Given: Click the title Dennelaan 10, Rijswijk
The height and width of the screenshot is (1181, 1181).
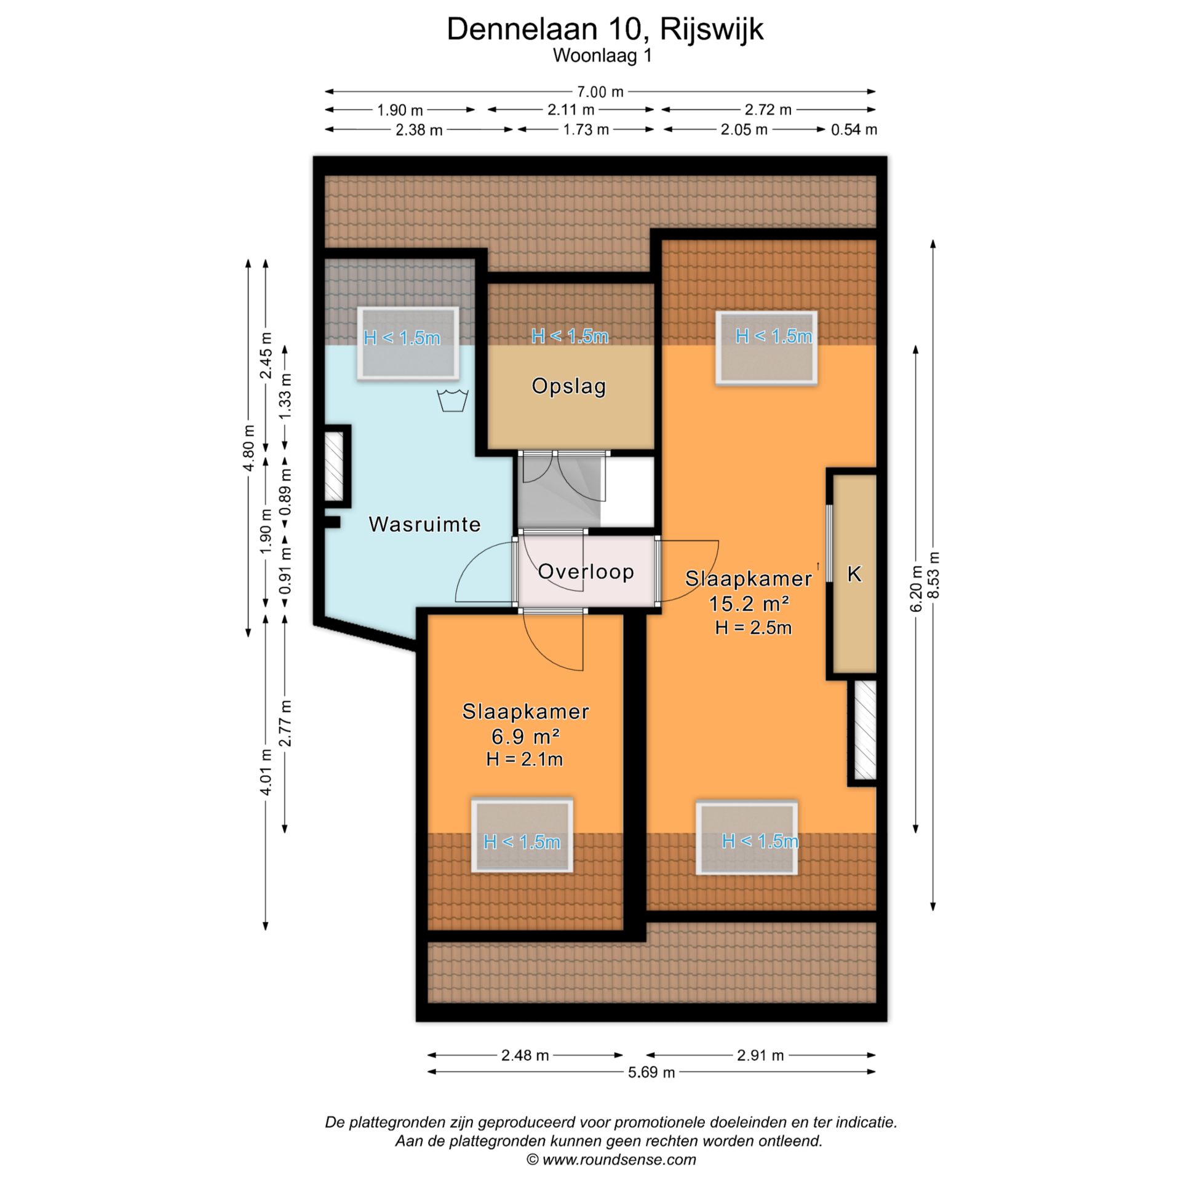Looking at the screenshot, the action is pyautogui.click(x=605, y=29).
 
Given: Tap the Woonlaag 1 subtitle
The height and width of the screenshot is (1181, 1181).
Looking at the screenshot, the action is pyautogui.click(x=602, y=55).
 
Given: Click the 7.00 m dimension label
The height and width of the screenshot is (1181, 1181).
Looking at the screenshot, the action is pyautogui.click(x=600, y=92).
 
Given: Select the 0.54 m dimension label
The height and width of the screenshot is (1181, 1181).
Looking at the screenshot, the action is pyautogui.click(x=854, y=129).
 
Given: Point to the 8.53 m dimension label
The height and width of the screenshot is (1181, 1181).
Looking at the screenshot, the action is pyautogui.click(x=934, y=575).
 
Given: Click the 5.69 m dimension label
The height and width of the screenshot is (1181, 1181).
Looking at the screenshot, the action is pyautogui.click(x=651, y=1072).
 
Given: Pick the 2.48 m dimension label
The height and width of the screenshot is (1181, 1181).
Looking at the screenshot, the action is pyautogui.click(x=525, y=1055).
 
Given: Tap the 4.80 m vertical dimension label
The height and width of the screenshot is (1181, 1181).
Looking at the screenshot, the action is pyautogui.click(x=249, y=448).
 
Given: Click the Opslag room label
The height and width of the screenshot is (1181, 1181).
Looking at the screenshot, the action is pyautogui.click(x=569, y=386).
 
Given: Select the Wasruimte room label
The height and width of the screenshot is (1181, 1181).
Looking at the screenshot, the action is pyautogui.click(x=424, y=524).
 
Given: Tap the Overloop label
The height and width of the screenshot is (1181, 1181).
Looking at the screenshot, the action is pyautogui.click(x=586, y=571).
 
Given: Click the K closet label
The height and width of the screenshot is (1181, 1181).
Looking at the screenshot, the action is pyautogui.click(x=854, y=574).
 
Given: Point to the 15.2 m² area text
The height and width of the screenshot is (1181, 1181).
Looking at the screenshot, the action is pyautogui.click(x=749, y=603).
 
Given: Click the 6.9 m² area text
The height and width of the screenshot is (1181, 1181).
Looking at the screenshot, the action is pyautogui.click(x=525, y=736).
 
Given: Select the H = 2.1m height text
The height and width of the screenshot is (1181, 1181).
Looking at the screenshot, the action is pyautogui.click(x=524, y=759).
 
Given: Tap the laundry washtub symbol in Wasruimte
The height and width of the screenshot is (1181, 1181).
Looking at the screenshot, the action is pyautogui.click(x=452, y=400).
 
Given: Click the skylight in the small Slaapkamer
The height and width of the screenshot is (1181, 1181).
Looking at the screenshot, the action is pyautogui.click(x=522, y=835).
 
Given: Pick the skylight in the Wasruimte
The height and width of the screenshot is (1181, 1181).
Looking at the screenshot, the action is pyautogui.click(x=408, y=343).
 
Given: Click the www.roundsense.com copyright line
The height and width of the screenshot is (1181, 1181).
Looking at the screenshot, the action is pyautogui.click(x=611, y=1159).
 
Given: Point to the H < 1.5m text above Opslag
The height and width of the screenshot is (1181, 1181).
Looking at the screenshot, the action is pyautogui.click(x=570, y=336).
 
